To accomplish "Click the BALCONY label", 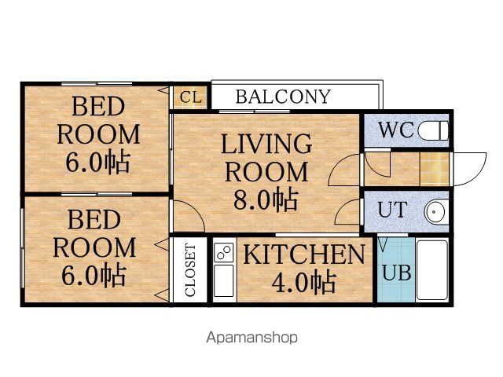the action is click(283, 97).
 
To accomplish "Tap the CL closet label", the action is click(191, 97).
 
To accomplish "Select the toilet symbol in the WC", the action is click(433, 130).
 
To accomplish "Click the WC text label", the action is click(396, 130).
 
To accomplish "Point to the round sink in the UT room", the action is click(435, 212).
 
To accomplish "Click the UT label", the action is click(393, 210).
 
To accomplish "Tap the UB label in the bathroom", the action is click(397, 273).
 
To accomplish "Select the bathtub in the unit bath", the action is click(432, 270).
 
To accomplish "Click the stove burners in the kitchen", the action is click(224, 252).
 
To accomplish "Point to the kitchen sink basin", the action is click(224, 281).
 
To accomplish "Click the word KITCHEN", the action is click(304, 254).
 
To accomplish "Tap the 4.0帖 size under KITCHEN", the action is click(303, 282).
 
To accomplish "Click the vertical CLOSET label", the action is click(190, 270).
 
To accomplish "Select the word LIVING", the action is click(266, 144).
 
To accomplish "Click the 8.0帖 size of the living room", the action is click(266, 200).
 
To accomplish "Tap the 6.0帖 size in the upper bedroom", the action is click(97, 163).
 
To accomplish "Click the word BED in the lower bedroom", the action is click(94, 220).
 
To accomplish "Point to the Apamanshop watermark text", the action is click(251, 338).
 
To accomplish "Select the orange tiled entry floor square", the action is click(435, 169).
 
